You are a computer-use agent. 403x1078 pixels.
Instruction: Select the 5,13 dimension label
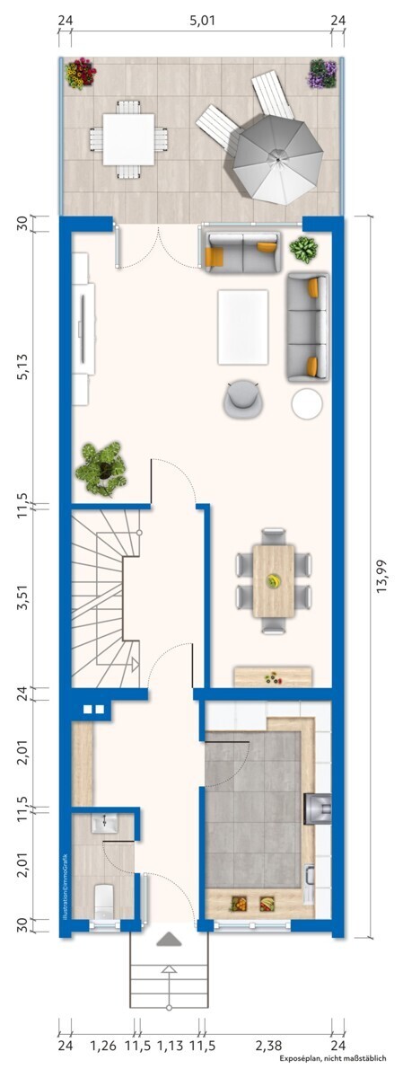click(x=22, y=363)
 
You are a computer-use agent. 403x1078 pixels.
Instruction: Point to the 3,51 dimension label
click(x=22, y=598)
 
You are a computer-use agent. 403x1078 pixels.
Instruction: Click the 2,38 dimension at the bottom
click(x=268, y=1046)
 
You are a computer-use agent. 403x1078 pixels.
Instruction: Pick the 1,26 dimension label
click(x=103, y=1046)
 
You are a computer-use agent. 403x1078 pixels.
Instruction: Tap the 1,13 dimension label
click(x=169, y=1046)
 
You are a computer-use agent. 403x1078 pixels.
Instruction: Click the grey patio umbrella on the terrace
click(x=279, y=162)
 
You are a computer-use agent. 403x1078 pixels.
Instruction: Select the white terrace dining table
click(x=127, y=139)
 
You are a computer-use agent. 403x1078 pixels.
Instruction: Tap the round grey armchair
click(x=244, y=399)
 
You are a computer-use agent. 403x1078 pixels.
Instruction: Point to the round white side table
click(x=307, y=403)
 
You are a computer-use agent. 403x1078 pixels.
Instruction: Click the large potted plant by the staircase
click(x=101, y=467)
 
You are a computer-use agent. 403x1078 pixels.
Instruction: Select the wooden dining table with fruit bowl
click(x=273, y=580)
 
